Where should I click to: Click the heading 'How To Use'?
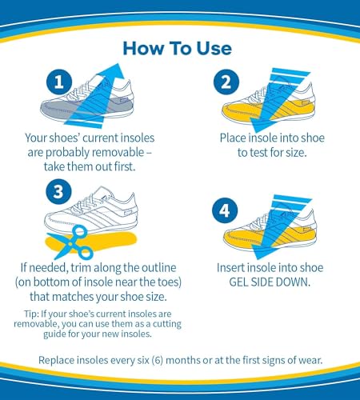coord(178,48)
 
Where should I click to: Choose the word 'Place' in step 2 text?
coord(235,138)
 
